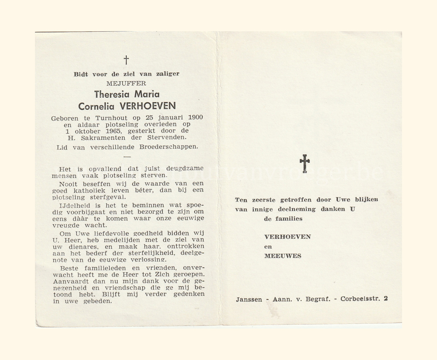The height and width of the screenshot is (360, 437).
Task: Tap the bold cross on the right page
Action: tap(305, 163)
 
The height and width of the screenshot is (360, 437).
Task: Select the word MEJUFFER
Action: tap(126, 84)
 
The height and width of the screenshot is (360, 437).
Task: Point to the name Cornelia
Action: tap(96, 106)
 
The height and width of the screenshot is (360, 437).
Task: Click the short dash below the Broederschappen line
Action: tap(127, 157)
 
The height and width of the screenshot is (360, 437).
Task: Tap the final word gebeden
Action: tap(98, 301)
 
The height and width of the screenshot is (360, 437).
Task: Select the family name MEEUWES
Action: tap(283, 256)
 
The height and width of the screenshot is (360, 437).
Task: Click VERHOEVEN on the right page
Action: tap(288, 237)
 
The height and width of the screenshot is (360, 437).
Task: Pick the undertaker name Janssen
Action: tap(249, 299)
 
